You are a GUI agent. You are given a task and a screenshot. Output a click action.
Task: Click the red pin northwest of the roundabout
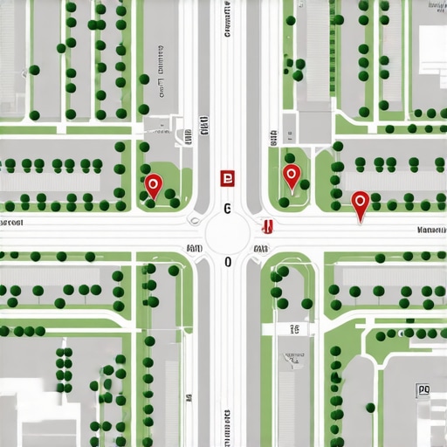pos(154,184)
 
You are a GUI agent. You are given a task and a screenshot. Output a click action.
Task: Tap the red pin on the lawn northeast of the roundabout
pos(292,175)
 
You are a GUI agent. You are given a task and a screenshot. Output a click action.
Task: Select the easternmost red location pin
pos(360,203)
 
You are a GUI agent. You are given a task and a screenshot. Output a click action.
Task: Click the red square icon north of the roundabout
pos(228,178)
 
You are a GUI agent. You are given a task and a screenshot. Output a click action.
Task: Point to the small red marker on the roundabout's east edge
pos(268,227)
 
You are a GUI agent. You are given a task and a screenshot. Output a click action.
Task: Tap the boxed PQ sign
pos(424,390)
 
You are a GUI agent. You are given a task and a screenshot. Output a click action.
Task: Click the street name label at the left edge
pos(11,223)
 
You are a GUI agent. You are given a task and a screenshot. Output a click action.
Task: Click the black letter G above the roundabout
pos(227,209)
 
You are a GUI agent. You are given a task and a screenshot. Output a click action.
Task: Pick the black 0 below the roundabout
pos(228,262)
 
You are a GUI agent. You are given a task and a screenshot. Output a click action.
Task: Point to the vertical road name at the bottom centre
pos(227,428)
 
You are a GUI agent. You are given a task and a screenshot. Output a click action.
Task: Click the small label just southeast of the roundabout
pos(260,249)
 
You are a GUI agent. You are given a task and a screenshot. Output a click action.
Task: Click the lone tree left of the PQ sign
pos(370,407)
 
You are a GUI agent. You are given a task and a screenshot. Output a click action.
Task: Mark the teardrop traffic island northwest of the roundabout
pos(193,222)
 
